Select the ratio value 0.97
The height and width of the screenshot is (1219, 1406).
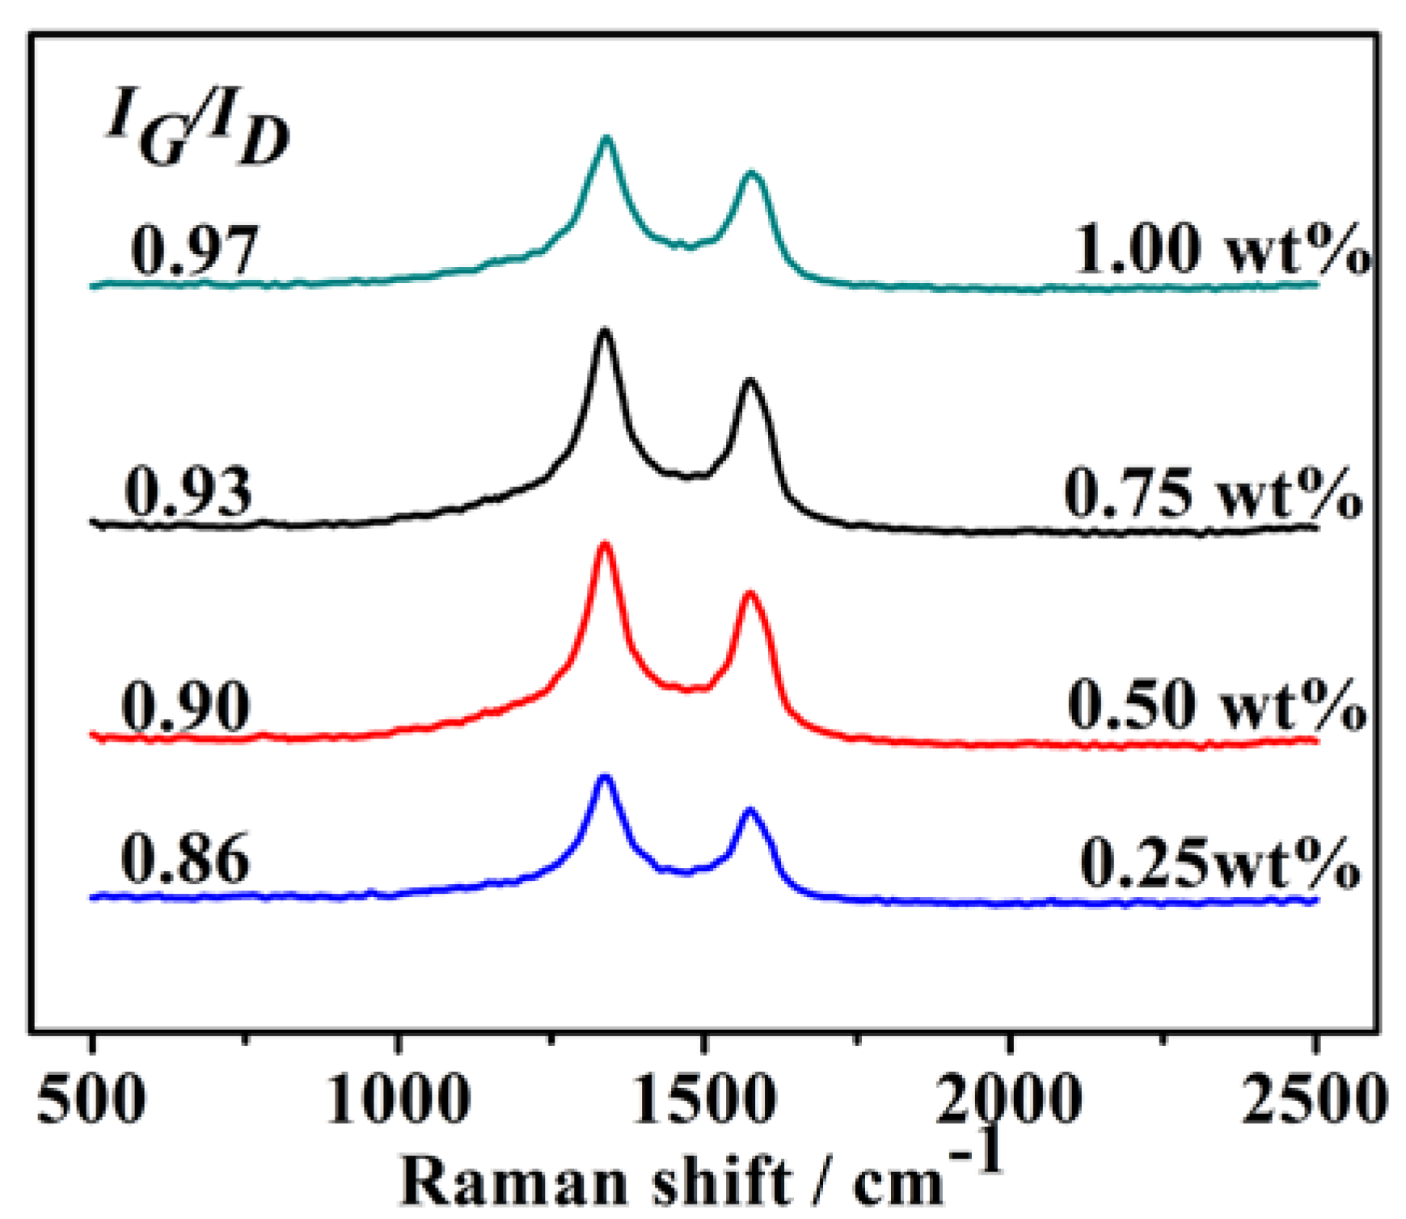194,249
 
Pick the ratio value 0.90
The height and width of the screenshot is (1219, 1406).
186,705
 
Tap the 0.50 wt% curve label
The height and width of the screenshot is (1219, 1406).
1217,705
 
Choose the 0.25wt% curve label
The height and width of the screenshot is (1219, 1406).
1219,863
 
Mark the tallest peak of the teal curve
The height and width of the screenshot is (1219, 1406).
606,139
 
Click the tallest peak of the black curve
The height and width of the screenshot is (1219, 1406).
604,331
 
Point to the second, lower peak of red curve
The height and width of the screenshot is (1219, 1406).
749,595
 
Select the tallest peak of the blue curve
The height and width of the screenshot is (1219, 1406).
604,777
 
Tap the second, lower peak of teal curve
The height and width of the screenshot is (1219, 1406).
753,173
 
